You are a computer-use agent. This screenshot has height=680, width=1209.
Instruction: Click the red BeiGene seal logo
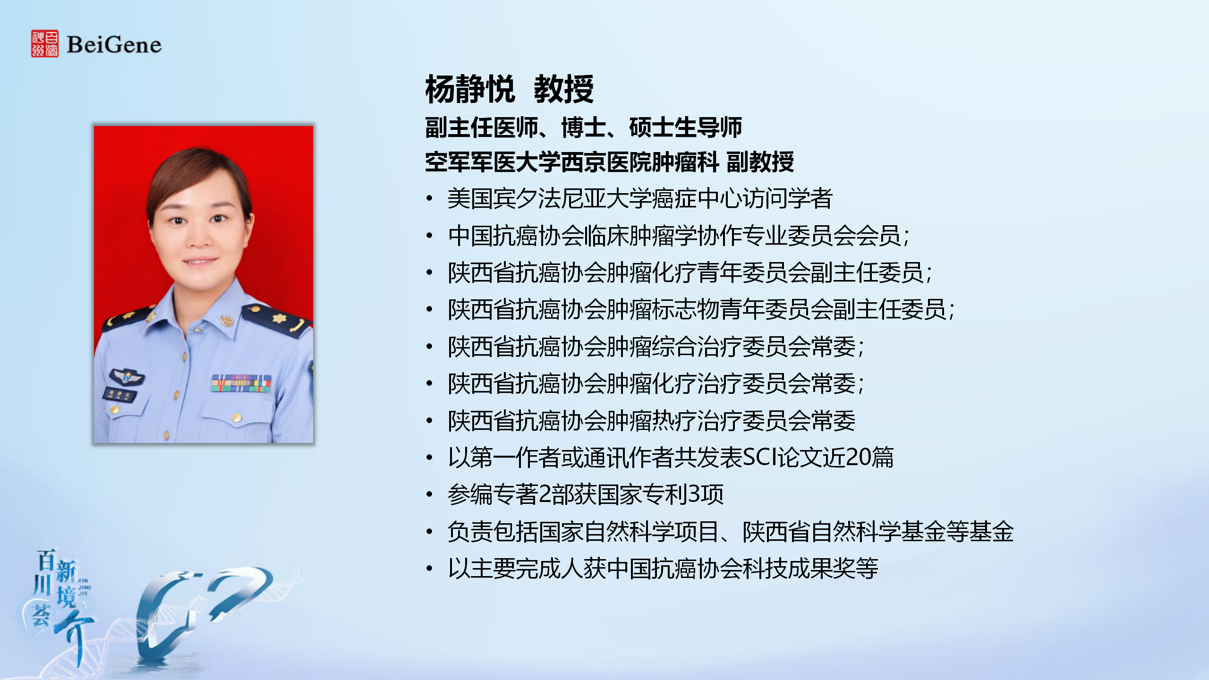click(45, 44)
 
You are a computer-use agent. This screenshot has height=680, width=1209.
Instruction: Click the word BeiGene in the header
click(114, 45)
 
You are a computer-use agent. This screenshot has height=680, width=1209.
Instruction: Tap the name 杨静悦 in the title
click(469, 89)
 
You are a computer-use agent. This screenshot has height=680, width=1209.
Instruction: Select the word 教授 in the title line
click(563, 89)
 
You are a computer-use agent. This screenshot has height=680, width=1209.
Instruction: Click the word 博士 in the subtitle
click(584, 127)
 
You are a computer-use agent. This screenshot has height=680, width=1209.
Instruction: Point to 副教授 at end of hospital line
click(760, 162)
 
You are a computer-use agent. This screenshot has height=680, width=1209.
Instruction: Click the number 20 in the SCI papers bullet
click(858, 457)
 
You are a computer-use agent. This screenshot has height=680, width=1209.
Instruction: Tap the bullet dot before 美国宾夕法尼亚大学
click(429, 198)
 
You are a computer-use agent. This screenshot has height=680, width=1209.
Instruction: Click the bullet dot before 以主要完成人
click(429, 568)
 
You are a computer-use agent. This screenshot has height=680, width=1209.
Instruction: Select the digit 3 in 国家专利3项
click(695, 494)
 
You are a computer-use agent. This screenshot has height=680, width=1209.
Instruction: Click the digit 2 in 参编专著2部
click(545, 494)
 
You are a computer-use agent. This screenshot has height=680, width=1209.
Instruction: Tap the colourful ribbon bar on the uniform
click(241, 383)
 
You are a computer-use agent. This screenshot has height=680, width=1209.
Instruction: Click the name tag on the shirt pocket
click(120, 395)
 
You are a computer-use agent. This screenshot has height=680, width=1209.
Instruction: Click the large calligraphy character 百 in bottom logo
click(46, 560)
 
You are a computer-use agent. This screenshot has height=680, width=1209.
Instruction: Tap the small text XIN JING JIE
click(84, 587)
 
